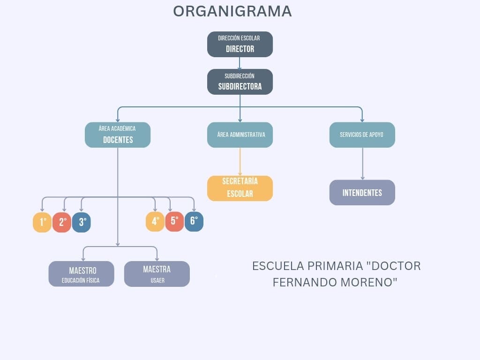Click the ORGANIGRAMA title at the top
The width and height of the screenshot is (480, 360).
232,11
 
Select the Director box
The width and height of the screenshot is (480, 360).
240,44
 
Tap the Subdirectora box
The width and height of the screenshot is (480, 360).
240,82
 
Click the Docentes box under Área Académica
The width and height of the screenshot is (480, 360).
118,135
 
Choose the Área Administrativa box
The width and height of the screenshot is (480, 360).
240,135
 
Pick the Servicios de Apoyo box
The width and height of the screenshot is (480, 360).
362,135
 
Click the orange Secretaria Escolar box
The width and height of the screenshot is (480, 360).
240,188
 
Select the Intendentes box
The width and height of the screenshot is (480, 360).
362,193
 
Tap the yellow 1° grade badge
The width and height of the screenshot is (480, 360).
42,222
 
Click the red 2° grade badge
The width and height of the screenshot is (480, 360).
62,222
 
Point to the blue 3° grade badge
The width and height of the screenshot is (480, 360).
82,222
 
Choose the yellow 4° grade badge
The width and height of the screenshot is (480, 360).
155,221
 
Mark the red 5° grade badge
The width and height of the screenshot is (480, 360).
174,221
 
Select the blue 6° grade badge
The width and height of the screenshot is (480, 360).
194,221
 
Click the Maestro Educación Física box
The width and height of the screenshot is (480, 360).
81,274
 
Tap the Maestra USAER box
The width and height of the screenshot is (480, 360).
157,274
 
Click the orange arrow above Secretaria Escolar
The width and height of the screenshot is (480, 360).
240,162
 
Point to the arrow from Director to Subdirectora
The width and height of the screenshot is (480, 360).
240,63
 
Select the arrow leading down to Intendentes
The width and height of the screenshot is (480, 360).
362,164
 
